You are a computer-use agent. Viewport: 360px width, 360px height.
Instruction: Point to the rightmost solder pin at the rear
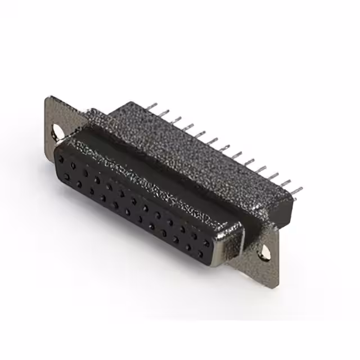tap(296, 190)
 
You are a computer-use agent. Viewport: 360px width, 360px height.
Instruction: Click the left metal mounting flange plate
tap(56, 121)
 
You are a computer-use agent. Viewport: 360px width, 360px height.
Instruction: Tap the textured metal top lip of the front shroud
tap(152, 180)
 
